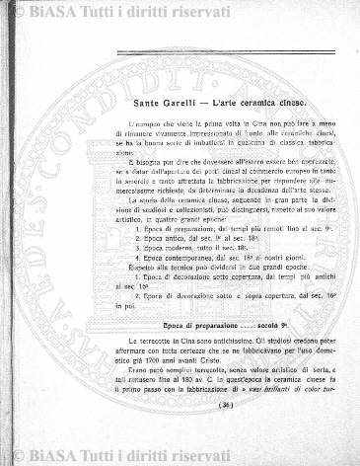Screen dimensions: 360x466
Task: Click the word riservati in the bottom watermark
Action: [x=208, y=456]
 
